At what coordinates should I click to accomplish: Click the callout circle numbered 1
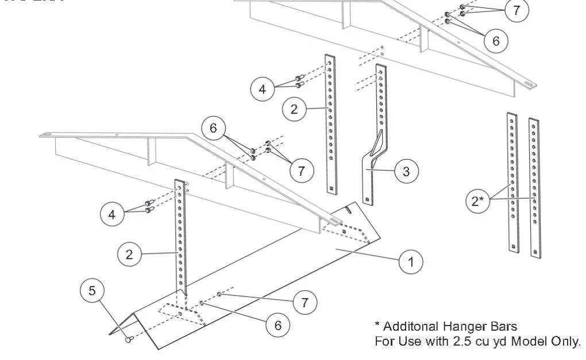[410, 262]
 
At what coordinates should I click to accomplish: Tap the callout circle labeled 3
[406, 171]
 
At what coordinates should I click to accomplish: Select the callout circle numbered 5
[92, 291]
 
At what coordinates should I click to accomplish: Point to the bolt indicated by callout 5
[128, 339]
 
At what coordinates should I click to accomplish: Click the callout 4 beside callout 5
[112, 215]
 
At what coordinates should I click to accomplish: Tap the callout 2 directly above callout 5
[129, 254]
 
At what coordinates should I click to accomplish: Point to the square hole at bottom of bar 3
[366, 200]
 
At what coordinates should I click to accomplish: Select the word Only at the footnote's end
[566, 341]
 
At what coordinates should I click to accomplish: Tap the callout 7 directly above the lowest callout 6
[304, 302]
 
